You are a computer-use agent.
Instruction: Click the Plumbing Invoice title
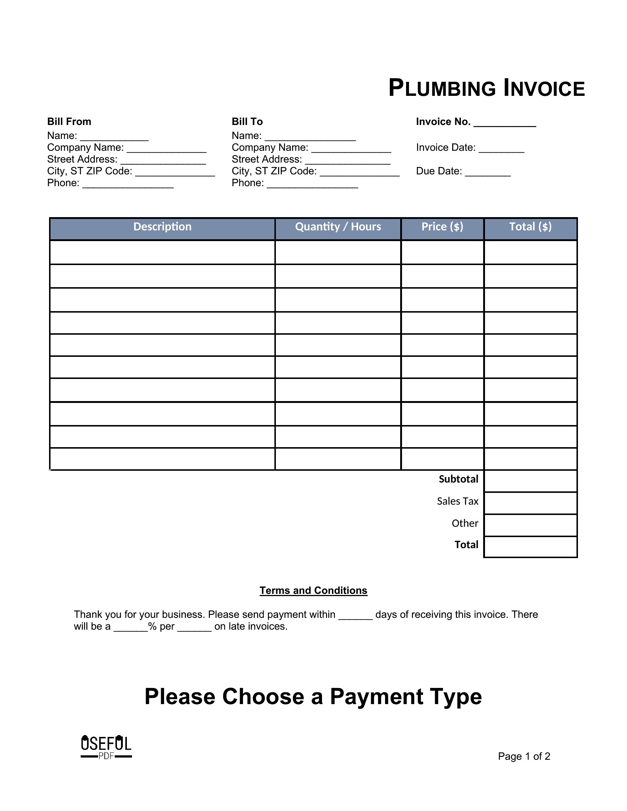[486, 88]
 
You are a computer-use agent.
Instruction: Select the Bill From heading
[69, 121]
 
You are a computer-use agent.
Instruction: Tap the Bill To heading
[247, 121]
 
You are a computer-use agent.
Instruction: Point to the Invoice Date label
[446, 147]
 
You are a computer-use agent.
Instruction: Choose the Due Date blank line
[488, 173]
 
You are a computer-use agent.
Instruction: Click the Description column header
[162, 227]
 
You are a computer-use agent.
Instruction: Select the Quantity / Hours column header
[338, 227]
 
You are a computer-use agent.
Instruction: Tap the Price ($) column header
[442, 227]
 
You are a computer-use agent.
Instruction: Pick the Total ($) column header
[530, 227]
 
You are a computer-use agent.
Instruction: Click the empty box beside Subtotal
[530, 481]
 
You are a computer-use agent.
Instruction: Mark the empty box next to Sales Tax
[530, 503]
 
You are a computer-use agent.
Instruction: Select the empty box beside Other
[530, 525]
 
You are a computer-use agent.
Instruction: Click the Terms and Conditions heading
[313, 591]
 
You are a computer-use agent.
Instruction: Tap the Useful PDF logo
[106, 746]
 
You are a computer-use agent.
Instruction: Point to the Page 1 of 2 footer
[524, 756]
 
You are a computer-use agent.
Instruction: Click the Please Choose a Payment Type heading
[313, 696]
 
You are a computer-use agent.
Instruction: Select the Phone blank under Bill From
[128, 185]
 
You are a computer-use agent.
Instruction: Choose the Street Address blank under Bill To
[348, 161]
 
